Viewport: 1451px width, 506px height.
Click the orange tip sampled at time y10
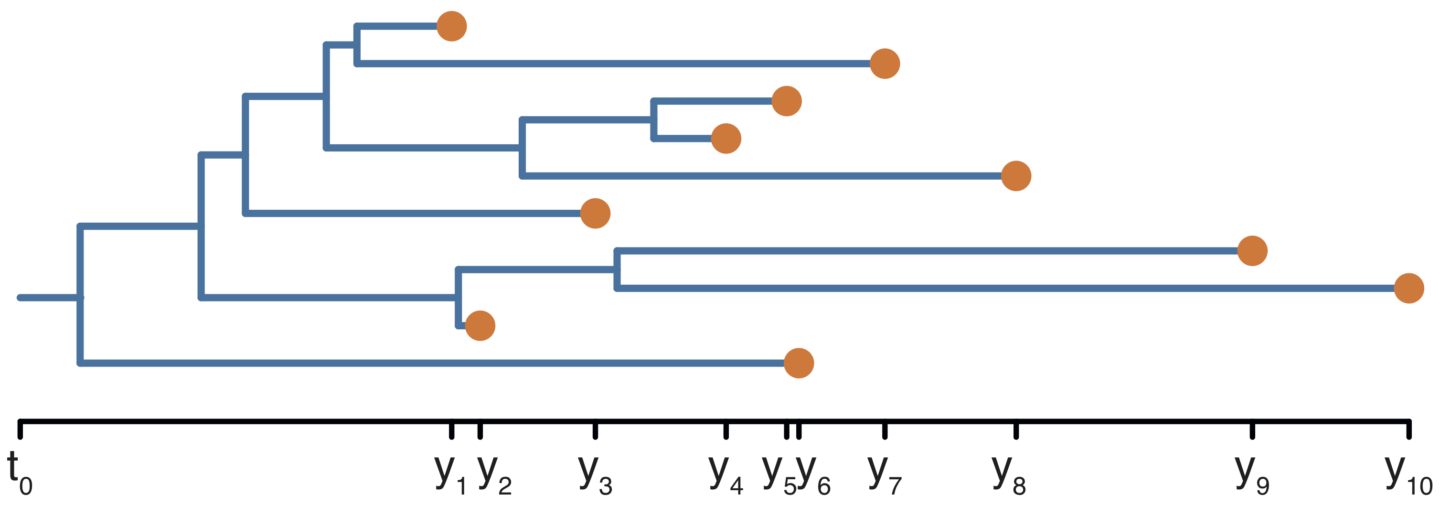point(1409,289)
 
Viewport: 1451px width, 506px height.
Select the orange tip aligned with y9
point(1252,251)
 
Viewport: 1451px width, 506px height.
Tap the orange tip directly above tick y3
point(595,214)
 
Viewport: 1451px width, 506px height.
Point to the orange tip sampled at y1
point(451,26)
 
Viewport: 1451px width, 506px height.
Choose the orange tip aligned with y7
point(885,64)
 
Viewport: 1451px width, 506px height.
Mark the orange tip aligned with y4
point(725,139)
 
